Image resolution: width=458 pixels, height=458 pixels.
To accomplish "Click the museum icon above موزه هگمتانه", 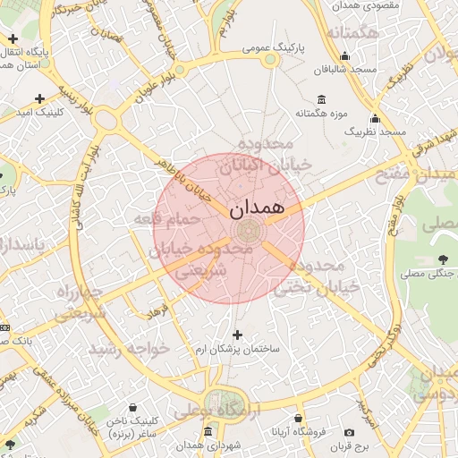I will pyautogui.click(x=322, y=98).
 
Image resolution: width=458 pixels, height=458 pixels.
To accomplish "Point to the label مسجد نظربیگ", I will pyautogui.click(x=376, y=131).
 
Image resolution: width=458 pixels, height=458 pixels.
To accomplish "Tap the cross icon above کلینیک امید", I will pyautogui.click(x=39, y=98).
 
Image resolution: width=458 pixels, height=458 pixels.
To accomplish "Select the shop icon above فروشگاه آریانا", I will pyautogui.click(x=298, y=418).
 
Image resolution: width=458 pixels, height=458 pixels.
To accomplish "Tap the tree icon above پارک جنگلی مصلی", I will pyautogui.click(x=442, y=260).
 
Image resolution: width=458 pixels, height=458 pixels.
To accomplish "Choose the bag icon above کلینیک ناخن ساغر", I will pyautogui.click(x=132, y=408).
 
